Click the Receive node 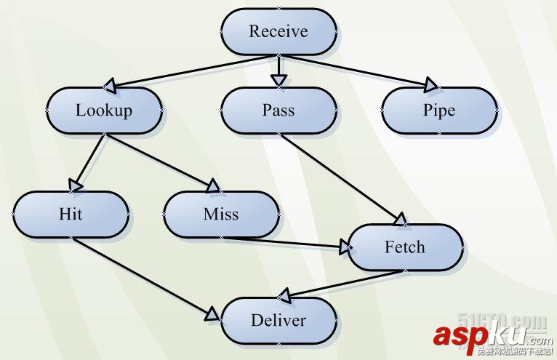(x=278, y=31)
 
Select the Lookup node (x=104, y=111)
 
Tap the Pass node (x=278, y=111)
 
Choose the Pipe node (x=439, y=111)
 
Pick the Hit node (x=71, y=215)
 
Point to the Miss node (x=221, y=215)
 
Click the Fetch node (x=405, y=247)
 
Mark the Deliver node (x=278, y=321)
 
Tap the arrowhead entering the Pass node (x=278, y=80)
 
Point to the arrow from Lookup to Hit (x=90, y=161)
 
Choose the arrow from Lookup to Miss (x=160, y=161)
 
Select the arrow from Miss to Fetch (x=291, y=242)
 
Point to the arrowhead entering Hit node (x=74, y=185)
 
